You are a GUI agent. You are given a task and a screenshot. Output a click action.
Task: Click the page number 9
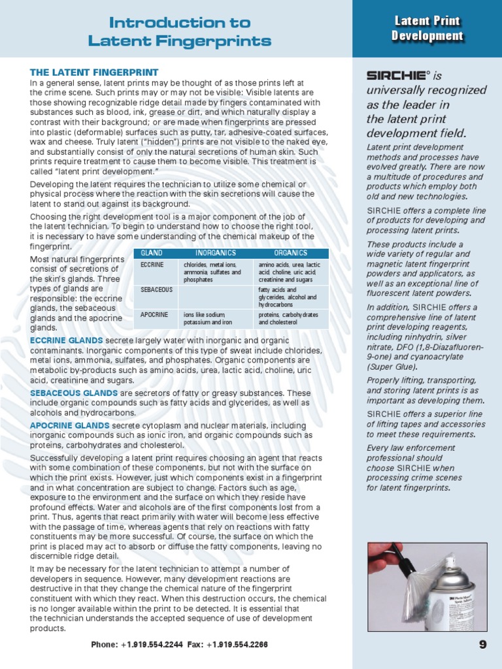(482, 644)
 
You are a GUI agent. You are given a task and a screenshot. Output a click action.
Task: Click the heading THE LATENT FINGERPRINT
(94, 72)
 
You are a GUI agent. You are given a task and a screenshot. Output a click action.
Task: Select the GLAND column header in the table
(152, 253)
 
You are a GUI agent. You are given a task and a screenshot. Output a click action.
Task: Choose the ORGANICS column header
(290, 253)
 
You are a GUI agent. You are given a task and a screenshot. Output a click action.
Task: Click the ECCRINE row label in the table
(152, 265)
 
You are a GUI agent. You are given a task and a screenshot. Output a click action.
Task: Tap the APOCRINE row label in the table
(154, 315)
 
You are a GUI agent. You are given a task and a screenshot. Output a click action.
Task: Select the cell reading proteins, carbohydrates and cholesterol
(288, 318)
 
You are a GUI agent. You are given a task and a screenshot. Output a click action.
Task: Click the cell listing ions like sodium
(209, 318)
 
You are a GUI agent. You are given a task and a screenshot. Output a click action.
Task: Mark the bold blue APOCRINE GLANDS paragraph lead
(69, 425)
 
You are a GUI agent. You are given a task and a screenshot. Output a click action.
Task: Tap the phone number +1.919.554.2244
(156, 645)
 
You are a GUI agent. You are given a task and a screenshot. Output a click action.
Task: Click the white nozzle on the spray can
(450, 561)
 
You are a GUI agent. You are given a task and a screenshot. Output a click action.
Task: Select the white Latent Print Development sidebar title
(427, 29)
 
